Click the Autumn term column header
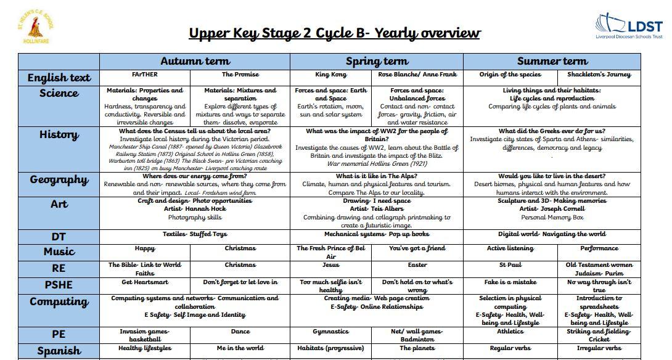point(195,61)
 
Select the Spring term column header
point(377,61)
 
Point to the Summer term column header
point(552,61)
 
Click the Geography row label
point(59,180)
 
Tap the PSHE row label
point(59,285)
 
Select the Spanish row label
point(59,351)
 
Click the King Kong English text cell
point(330,75)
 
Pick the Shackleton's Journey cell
point(599,75)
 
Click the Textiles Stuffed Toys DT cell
point(195,234)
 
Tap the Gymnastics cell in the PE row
point(330,332)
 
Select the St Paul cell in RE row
point(510,265)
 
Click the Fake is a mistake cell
point(510,282)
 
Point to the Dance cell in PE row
point(240,332)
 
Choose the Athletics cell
point(510,332)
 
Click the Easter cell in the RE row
point(417,265)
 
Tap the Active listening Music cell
point(510,248)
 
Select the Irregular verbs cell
point(599,348)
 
